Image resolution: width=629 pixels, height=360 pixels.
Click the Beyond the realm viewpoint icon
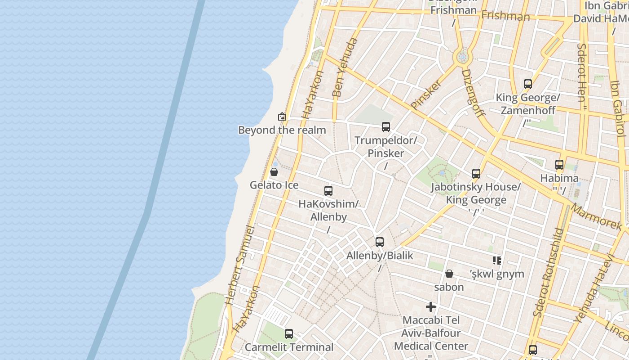point(282,117)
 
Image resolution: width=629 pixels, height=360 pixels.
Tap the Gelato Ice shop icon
point(274,172)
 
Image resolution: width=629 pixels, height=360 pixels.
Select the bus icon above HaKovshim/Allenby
point(328,191)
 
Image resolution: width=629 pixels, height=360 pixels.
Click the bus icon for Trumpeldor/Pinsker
point(386,127)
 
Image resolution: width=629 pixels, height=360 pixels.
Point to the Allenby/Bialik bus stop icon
point(380,242)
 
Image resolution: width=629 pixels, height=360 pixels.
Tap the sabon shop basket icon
point(449,274)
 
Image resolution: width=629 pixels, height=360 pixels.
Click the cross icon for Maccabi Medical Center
point(431,307)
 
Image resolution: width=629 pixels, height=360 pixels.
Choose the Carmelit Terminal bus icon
point(289,334)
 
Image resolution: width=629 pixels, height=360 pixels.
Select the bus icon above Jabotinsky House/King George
point(476,174)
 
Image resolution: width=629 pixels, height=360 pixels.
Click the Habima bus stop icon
point(559,165)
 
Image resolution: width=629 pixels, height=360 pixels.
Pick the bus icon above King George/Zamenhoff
point(528,84)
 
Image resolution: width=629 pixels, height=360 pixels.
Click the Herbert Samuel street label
point(242,265)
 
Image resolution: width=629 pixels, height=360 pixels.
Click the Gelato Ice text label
point(274,185)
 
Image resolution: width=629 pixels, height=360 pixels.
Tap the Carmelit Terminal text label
point(289,347)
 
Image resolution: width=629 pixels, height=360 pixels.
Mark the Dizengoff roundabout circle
point(462,57)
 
